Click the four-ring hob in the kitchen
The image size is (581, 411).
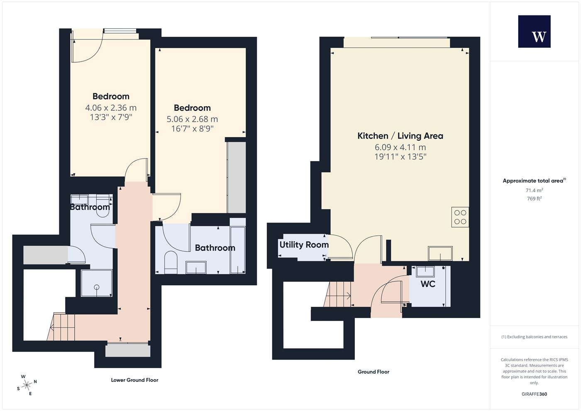coord(460,217)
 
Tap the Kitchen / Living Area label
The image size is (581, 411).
coord(400,136)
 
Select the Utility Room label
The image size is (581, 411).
coord(304,245)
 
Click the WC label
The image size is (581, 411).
coord(428,284)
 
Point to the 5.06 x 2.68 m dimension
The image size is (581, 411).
coord(192,119)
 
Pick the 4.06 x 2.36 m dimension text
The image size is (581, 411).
coord(111,108)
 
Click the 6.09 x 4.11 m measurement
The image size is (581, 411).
coord(400,147)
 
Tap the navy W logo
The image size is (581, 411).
coord(535,32)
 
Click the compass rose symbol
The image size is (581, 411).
coord(27,385)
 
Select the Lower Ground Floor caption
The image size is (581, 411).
coord(134,380)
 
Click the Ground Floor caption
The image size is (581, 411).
coord(373,372)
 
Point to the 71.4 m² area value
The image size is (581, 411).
coord(535,190)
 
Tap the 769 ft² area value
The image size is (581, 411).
coord(535,198)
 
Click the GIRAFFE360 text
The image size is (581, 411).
coord(535,394)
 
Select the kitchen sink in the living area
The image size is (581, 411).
coord(440,253)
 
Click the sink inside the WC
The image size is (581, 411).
coord(425,272)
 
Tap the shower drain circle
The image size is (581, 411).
coord(97,287)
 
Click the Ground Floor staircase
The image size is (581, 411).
coord(337,294)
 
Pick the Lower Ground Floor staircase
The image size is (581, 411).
coord(61,327)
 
